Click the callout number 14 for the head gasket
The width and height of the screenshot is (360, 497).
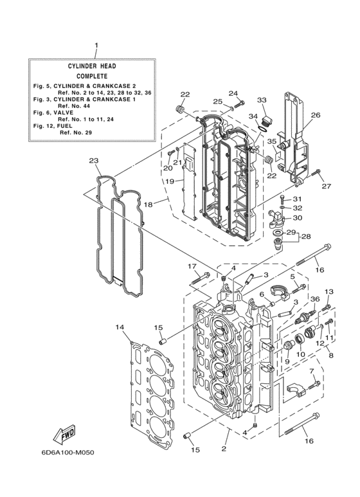click(119, 327)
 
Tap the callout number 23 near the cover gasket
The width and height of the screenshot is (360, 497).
click(93, 161)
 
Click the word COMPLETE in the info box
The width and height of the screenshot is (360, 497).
click(92, 75)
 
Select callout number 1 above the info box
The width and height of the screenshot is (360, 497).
click(96, 46)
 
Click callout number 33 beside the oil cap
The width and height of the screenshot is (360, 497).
click(262, 100)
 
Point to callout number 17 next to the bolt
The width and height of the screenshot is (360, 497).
click(192, 266)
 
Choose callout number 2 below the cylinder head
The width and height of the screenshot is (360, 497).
click(224, 449)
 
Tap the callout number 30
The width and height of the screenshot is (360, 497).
click(297, 218)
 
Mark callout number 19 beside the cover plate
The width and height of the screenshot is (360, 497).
click(170, 182)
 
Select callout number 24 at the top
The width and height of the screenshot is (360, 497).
click(233, 93)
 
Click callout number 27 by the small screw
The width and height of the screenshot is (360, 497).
click(325, 186)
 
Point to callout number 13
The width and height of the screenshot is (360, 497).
click(328, 292)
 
